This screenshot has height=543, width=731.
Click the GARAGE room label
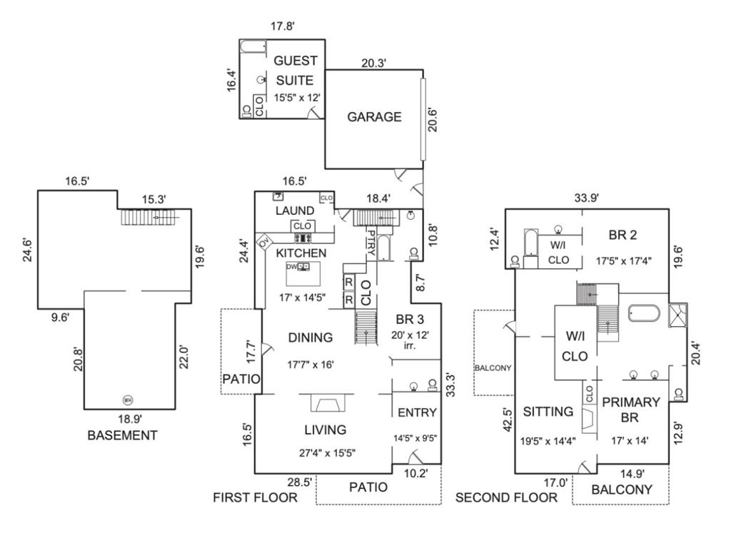tap(374, 117)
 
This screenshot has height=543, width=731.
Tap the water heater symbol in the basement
tap(128, 400)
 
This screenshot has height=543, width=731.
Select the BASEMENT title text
tap(122, 435)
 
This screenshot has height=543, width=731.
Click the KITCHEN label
tap(301, 253)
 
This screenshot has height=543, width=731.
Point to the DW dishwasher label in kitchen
tap(291, 266)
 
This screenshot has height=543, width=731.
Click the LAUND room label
tap(295, 210)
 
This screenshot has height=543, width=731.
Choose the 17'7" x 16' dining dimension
tap(310, 365)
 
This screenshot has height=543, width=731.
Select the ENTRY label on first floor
tap(417, 412)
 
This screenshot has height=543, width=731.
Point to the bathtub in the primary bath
tap(645, 313)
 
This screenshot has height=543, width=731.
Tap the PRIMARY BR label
tap(630, 410)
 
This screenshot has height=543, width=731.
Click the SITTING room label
tap(548, 412)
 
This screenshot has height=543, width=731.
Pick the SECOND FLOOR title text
tap(506, 497)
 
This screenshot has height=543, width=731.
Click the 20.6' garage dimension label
tap(431, 118)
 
